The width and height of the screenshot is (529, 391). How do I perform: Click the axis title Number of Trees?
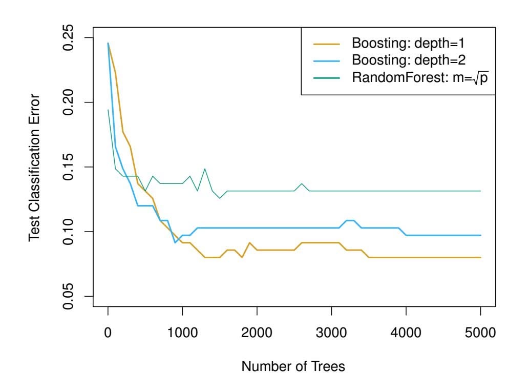294,367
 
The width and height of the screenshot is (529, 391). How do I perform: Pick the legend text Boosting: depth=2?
407,60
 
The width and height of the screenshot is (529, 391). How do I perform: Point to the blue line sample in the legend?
326,60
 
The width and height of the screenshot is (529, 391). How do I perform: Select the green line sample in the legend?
326,78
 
